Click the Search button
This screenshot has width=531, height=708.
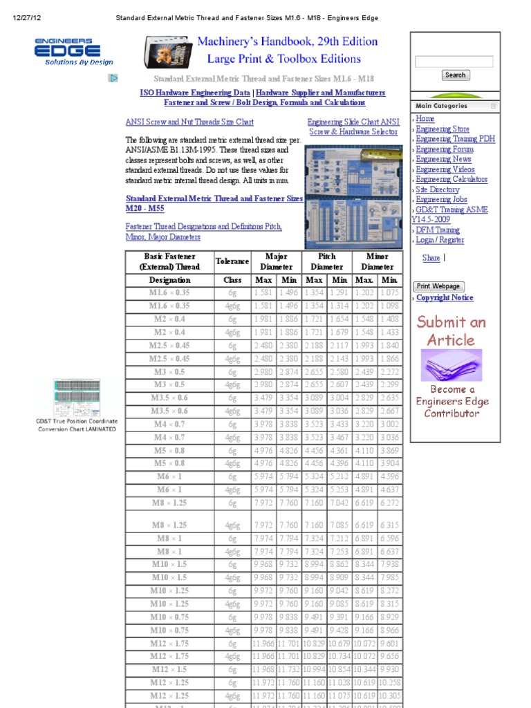[x=455, y=75]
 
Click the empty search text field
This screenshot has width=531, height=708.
[x=454, y=62]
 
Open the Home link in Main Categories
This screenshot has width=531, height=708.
[x=425, y=119]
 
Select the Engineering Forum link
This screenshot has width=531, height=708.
[x=445, y=149]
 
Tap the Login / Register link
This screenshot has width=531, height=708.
[x=440, y=240]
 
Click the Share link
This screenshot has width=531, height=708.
[x=431, y=258]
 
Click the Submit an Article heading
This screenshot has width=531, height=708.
[x=451, y=330]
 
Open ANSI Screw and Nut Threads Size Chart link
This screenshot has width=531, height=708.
[x=189, y=122]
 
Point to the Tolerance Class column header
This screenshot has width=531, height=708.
[x=232, y=261]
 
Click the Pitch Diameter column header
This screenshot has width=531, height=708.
[x=327, y=261]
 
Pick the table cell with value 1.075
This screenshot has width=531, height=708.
[x=390, y=292]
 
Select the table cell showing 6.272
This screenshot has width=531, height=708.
[x=390, y=503]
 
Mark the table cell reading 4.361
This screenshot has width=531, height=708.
[x=339, y=450]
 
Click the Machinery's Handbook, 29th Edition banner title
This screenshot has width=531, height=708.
[x=287, y=41]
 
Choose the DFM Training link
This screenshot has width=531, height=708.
[x=438, y=230]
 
